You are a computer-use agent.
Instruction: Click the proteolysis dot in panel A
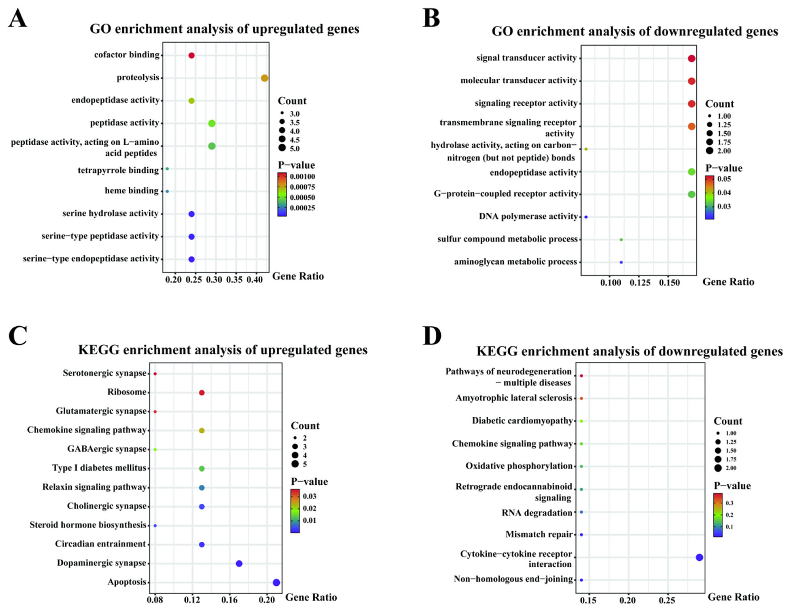click(264, 78)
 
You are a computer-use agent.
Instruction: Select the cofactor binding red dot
click(191, 55)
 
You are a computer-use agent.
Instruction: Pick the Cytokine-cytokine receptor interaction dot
click(699, 557)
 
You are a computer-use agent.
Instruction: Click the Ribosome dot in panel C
click(202, 393)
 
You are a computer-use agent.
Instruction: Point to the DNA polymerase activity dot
click(586, 217)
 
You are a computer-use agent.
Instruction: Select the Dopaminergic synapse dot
click(239, 563)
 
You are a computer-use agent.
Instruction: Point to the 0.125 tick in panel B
click(640, 283)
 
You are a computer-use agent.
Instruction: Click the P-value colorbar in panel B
click(709, 197)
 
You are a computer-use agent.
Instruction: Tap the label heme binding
click(132, 191)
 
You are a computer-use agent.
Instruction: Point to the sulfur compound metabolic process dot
click(621, 240)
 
